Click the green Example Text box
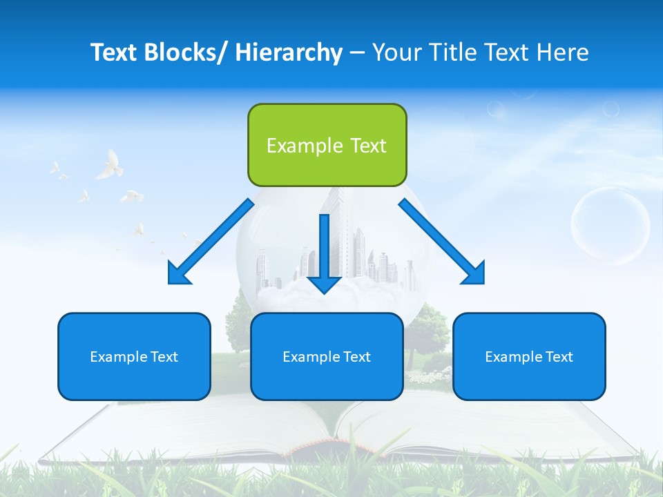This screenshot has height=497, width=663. click(x=327, y=145)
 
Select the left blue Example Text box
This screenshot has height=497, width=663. click(x=134, y=356)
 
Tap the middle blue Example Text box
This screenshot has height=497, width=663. click(x=327, y=356)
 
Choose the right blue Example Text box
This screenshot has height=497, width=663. click(x=529, y=356)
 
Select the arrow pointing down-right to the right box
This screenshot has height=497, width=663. click(x=441, y=242)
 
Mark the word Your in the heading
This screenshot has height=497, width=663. click(x=396, y=52)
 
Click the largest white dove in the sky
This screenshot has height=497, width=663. click(x=108, y=166)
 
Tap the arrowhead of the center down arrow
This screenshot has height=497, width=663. click(x=324, y=284)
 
